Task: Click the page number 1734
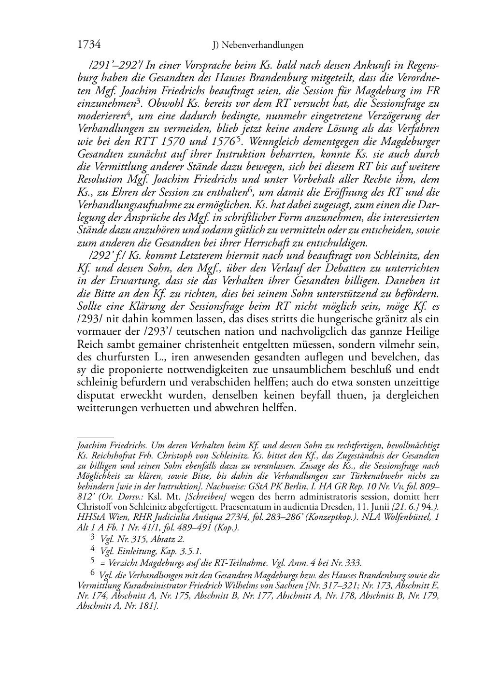(88, 45)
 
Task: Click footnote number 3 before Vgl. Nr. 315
(93, 538)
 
